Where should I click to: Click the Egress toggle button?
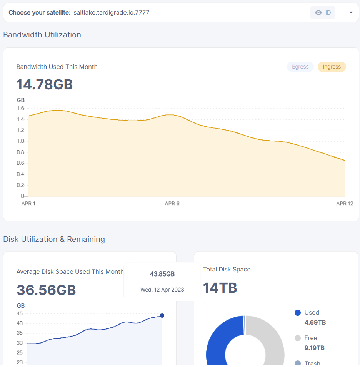tap(300, 67)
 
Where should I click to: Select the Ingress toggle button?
tap(332, 67)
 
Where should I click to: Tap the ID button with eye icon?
tap(323, 13)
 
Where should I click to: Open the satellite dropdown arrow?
tap(351, 13)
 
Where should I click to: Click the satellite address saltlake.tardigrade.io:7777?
tap(111, 13)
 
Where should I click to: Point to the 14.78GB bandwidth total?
tap(45, 84)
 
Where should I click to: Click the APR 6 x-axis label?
tap(172, 203)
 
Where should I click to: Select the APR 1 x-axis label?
tap(28, 203)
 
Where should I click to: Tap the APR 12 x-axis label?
tap(345, 203)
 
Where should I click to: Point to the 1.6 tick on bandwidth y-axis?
tap(20, 109)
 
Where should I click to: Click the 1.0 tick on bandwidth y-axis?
tap(20, 141)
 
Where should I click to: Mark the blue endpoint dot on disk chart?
tap(162, 316)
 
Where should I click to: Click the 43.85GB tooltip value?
tap(162, 274)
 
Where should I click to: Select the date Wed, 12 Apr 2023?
tap(162, 290)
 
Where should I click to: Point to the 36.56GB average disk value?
tap(46, 290)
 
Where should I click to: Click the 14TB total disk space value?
tap(220, 288)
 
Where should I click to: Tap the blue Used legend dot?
tap(297, 313)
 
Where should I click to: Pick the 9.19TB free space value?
tap(314, 348)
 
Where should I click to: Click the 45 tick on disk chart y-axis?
tap(20, 313)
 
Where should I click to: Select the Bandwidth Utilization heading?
tap(42, 35)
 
